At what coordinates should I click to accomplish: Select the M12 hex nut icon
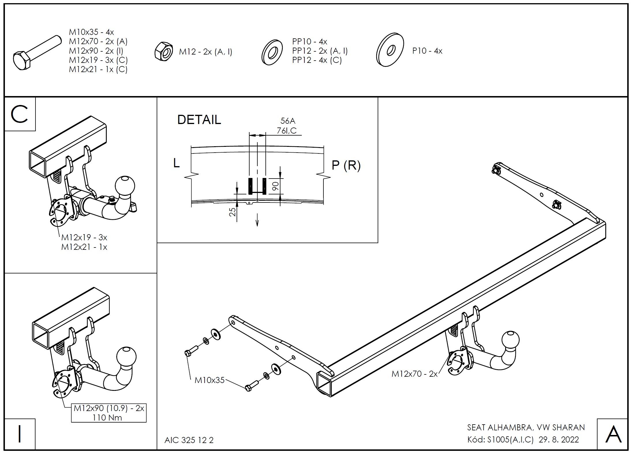click(x=164, y=51)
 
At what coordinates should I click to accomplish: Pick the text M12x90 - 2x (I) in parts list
click(x=96, y=51)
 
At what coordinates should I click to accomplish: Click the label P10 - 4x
click(x=427, y=51)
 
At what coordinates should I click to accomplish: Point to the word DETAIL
click(x=199, y=120)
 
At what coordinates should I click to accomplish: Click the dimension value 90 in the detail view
click(x=276, y=186)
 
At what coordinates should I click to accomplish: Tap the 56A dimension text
click(x=288, y=121)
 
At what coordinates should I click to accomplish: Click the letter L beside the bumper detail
click(x=176, y=163)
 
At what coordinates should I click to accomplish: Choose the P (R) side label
click(x=346, y=165)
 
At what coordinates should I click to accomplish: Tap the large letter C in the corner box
click(x=19, y=114)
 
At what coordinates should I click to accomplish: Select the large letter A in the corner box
click(x=613, y=434)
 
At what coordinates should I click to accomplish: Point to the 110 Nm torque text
click(x=107, y=418)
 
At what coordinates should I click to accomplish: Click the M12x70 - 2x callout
click(x=414, y=374)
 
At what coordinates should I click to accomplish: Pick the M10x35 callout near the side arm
click(x=209, y=380)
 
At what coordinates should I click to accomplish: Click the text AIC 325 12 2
click(x=189, y=440)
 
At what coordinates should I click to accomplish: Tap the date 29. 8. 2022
click(x=559, y=440)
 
